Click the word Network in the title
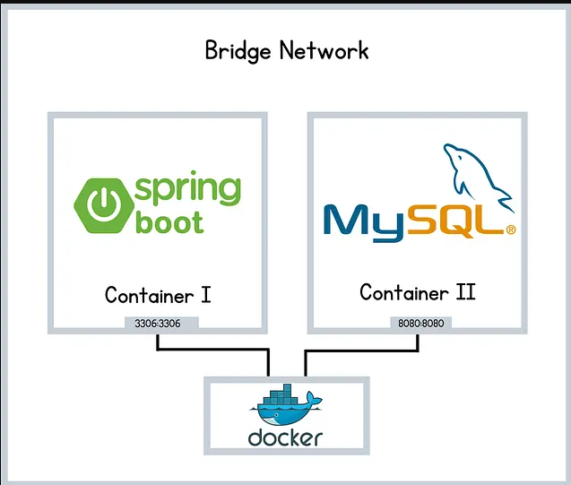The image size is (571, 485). [324, 49]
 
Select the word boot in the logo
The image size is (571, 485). [169, 221]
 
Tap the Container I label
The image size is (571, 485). [158, 295]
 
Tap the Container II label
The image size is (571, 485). [417, 292]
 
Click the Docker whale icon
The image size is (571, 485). [285, 409]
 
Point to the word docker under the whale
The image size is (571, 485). [285, 437]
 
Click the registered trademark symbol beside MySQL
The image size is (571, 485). [511, 230]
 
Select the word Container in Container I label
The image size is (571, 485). [147, 295]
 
